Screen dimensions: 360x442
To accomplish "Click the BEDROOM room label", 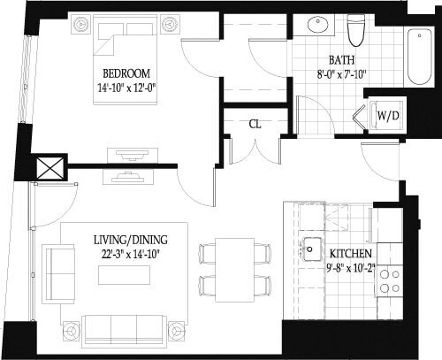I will tap(126, 73).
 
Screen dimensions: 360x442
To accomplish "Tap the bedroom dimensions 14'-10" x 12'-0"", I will tap(126, 88).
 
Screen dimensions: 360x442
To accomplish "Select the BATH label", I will tap(341, 60).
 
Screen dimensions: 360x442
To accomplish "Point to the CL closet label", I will tap(255, 123).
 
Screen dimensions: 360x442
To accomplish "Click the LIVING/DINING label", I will tap(130, 240).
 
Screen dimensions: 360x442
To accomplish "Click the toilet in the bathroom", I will tap(356, 30).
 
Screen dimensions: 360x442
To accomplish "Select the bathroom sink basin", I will tap(316, 26).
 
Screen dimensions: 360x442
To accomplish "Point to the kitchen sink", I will tap(311, 249).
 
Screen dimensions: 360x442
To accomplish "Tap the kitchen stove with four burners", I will tap(388, 280).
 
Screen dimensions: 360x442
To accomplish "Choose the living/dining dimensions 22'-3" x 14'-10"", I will tap(130, 255).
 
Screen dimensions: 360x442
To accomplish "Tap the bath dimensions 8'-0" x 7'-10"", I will tap(341, 75).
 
